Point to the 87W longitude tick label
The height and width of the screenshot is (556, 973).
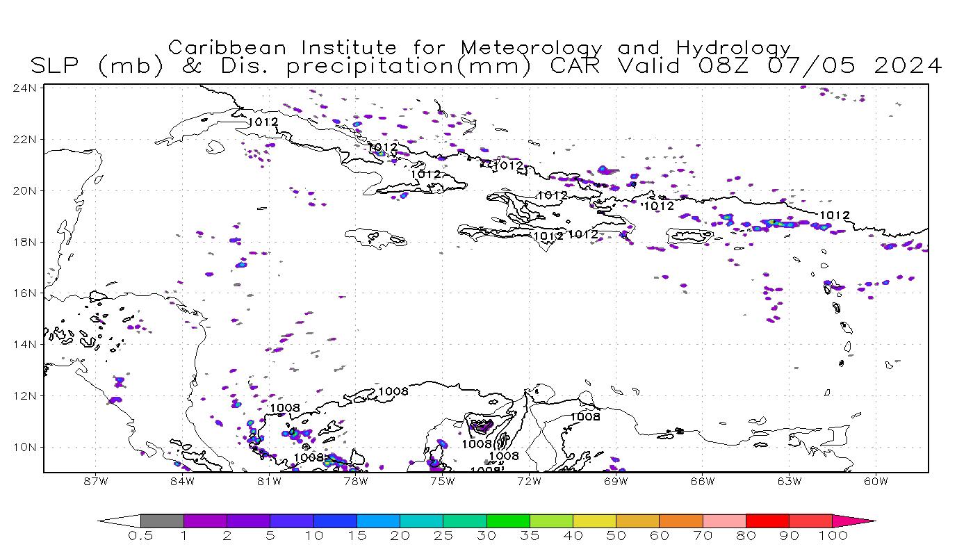pyautogui.click(x=95, y=481)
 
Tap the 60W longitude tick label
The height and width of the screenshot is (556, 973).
pyautogui.click(x=876, y=481)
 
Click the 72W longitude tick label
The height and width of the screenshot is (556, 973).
pyautogui.click(x=529, y=481)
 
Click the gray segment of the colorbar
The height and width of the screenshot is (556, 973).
pyautogui.click(x=162, y=521)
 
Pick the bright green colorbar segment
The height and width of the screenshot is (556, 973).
pyautogui.click(x=507, y=521)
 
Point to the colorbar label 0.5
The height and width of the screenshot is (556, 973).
pyautogui.click(x=140, y=536)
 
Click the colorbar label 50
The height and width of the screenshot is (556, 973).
pyautogui.click(x=616, y=536)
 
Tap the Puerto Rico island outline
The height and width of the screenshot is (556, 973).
pyautogui.click(x=689, y=236)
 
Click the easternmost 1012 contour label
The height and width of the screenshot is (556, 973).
pyautogui.click(x=834, y=215)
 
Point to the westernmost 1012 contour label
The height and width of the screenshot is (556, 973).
pyautogui.click(x=263, y=122)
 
